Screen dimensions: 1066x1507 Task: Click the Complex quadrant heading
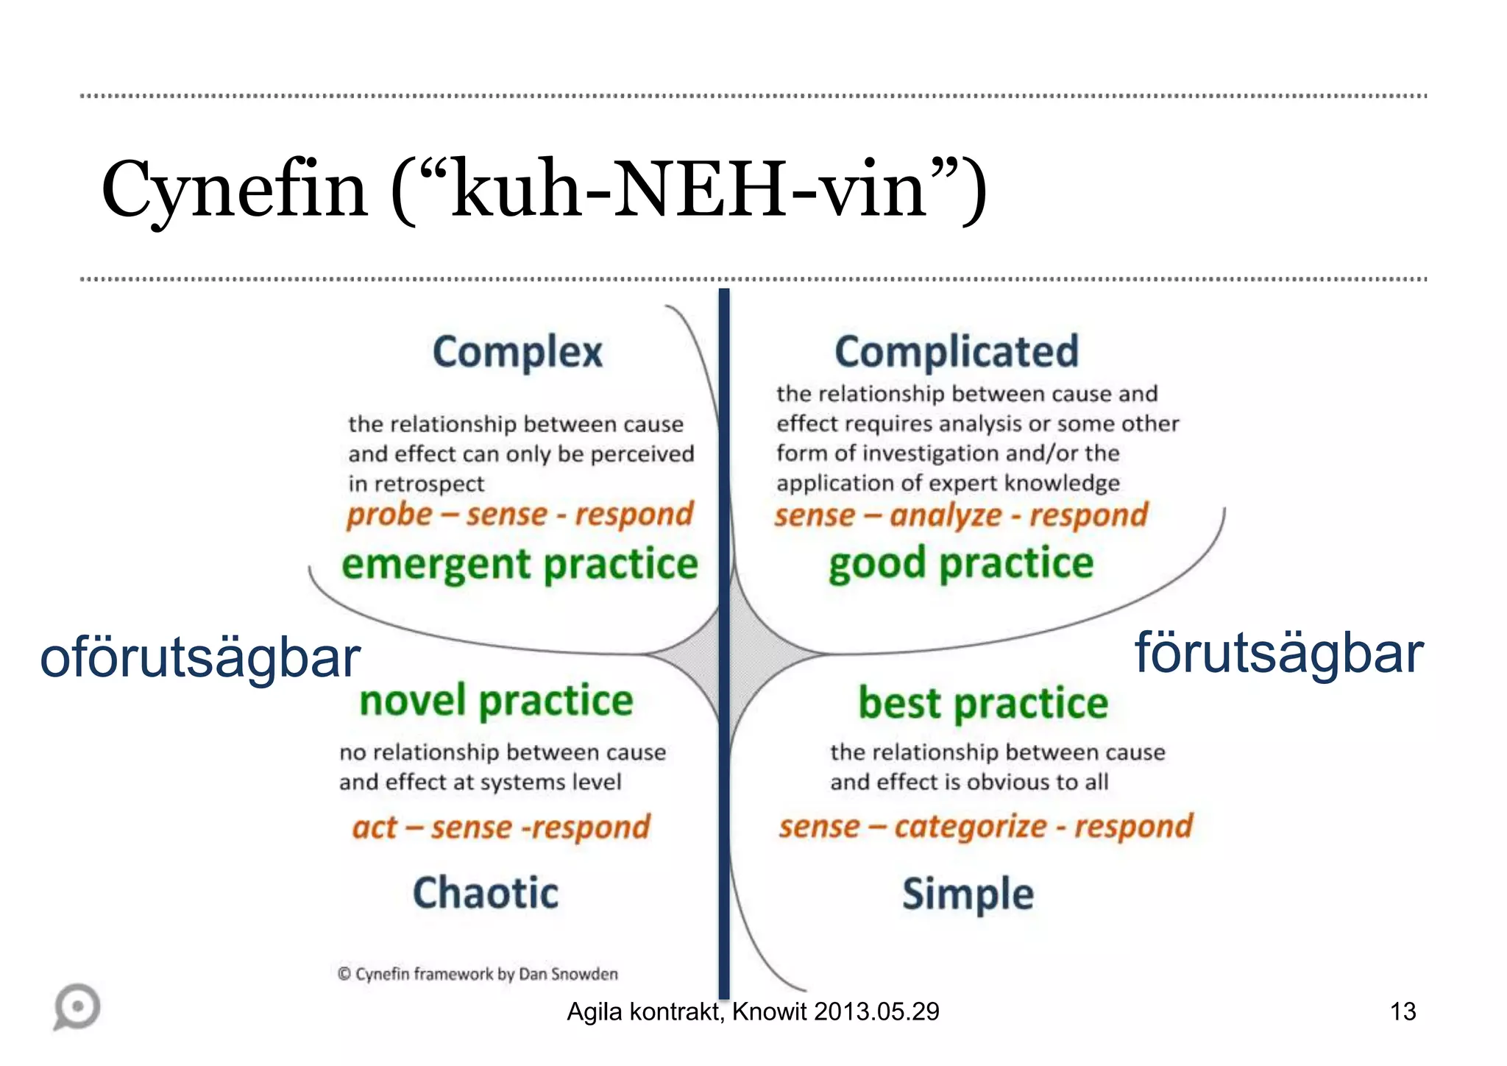tap(517, 353)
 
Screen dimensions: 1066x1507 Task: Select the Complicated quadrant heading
tap(956, 352)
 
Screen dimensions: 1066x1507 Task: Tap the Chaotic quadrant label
tap(486, 893)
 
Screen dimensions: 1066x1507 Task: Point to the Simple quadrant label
tap(968, 894)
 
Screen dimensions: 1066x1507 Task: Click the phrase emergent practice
tap(520, 565)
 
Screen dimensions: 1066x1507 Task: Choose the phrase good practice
tap(961, 564)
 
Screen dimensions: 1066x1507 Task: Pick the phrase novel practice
tap(496, 700)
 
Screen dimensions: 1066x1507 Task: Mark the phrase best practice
tap(983, 703)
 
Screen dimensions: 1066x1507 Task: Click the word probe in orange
tap(389, 515)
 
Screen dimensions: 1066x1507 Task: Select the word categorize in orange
tap(971, 827)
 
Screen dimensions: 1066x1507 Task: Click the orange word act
tap(375, 827)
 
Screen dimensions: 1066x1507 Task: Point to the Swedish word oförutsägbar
tap(200, 658)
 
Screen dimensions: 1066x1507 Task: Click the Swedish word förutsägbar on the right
tap(1279, 654)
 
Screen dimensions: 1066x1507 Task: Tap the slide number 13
tap(1403, 1012)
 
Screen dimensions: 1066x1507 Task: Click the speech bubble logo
tap(77, 1006)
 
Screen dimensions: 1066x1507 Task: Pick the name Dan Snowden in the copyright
tap(568, 974)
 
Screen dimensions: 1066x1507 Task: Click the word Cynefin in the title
tap(235, 190)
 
